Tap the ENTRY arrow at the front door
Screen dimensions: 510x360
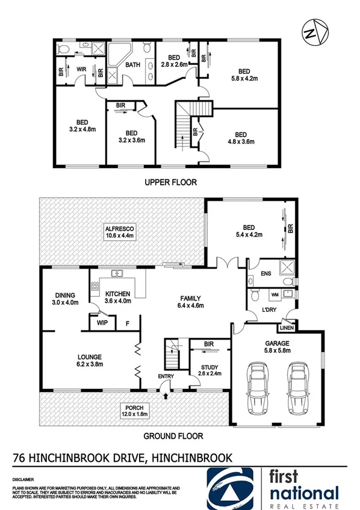coord(166,395)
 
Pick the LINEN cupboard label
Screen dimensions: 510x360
coord(285,328)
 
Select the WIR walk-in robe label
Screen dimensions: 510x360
coord(81,69)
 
